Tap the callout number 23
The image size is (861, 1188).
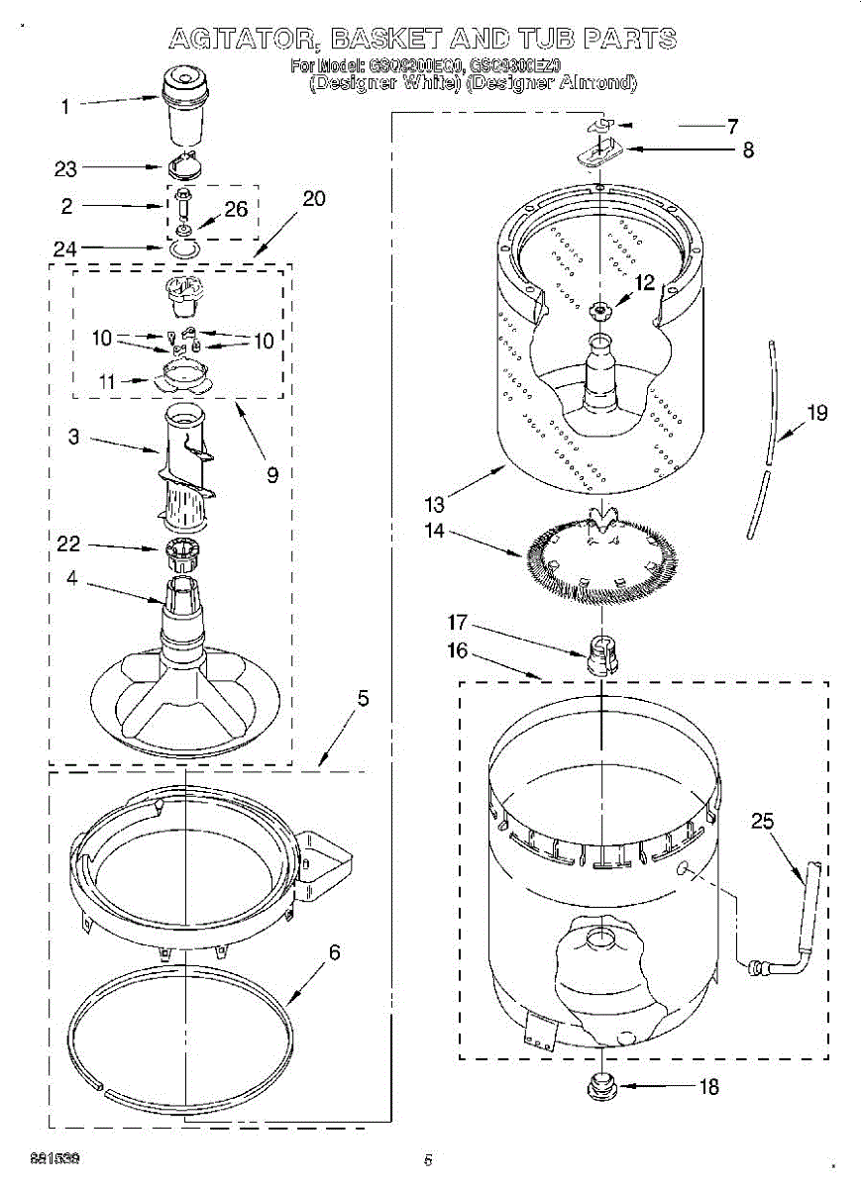[x=65, y=169]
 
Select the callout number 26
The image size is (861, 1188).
[x=236, y=209]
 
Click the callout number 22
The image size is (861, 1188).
[x=68, y=544]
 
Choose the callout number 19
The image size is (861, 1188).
[x=816, y=413]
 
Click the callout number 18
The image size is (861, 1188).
[x=708, y=1086]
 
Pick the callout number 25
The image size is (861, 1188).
[x=762, y=821]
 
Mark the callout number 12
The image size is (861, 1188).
[x=645, y=283]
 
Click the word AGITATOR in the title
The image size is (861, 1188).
[x=243, y=39]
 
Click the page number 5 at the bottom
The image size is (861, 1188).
[x=429, y=1159]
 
